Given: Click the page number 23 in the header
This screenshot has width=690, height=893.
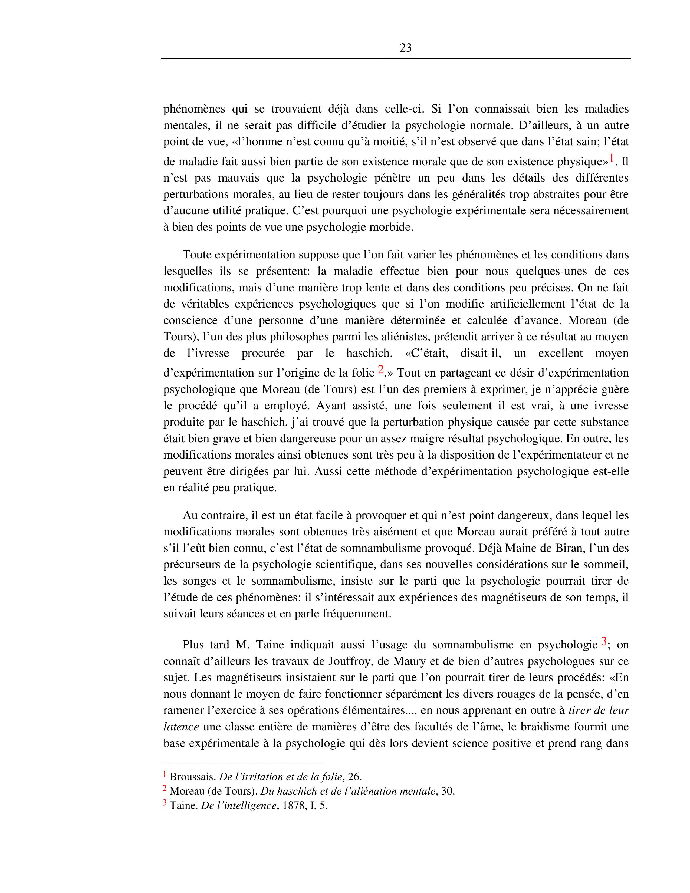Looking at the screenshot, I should (405, 48).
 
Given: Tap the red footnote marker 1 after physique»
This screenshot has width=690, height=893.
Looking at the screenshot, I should (612, 158).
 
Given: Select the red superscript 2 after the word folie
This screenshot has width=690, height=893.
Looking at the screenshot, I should (381, 369).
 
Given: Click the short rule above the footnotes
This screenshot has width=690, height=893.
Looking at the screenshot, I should (243, 763).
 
